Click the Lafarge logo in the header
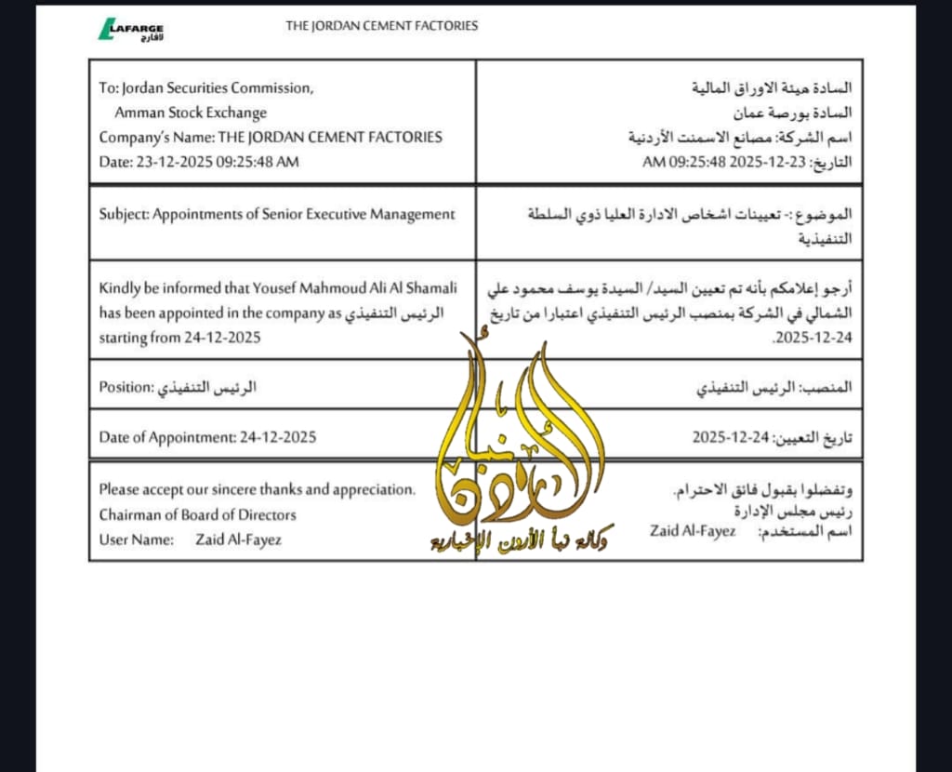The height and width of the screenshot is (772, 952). click(132, 29)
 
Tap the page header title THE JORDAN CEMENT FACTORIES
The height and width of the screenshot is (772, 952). click(381, 26)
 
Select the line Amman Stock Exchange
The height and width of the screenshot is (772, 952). click(191, 113)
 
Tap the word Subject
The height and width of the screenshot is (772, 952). click(123, 214)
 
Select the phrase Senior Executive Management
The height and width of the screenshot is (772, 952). click(371, 214)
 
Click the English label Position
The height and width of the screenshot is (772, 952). click(125, 387)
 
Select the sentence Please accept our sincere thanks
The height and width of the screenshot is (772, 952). click(258, 489)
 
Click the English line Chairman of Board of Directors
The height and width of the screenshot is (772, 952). click(198, 514)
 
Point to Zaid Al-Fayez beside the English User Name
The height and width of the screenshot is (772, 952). click(239, 539)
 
